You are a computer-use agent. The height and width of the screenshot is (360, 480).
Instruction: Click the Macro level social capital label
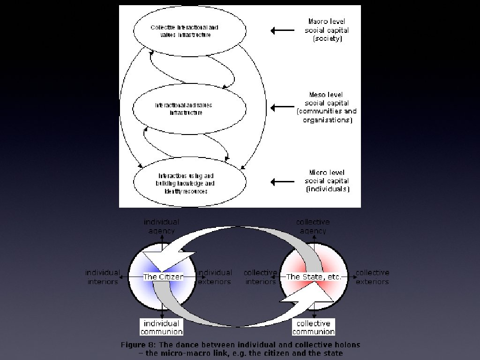328,30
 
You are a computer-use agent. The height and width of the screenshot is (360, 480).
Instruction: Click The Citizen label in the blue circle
163,277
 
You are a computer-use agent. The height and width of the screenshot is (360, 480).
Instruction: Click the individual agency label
162,226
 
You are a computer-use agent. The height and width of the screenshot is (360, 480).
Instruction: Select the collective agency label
313,226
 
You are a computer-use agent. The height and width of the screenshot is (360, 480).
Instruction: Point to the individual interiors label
103,277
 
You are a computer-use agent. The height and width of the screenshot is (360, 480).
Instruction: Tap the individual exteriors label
214,277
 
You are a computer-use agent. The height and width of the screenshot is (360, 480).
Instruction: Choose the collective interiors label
260,277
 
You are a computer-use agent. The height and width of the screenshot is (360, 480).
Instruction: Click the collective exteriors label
372,277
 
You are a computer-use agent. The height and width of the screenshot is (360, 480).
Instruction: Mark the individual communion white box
162,327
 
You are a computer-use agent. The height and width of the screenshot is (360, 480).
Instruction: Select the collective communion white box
314,327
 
